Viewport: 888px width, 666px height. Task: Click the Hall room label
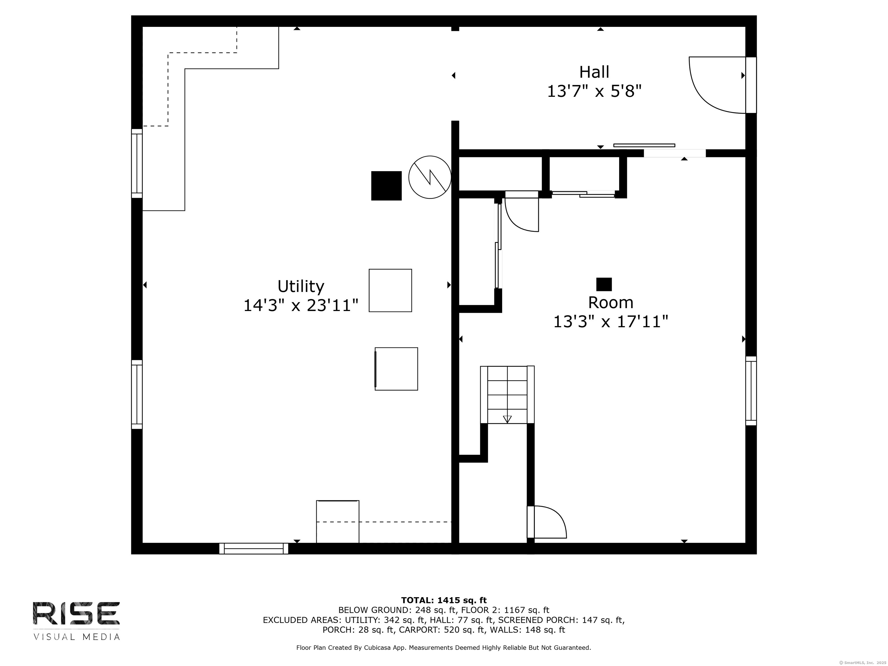pyautogui.click(x=594, y=72)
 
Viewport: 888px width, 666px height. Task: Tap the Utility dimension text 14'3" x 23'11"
pyautogui.click(x=301, y=306)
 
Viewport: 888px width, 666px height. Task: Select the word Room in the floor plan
pyautogui.click(x=610, y=302)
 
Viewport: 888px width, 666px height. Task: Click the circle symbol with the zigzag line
pyautogui.click(x=430, y=177)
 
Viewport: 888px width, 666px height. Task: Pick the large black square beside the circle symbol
pyautogui.click(x=386, y=186)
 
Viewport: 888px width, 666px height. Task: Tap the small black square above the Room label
pyautogui.click(x=604, y=284)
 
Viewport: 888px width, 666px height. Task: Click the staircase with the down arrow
pyautogui.click(x=507, y=395)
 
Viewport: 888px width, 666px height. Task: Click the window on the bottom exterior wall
pyautogui.click(x=254, y=548)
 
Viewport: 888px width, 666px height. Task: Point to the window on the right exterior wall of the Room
pyautogui.click(x=751, y=391)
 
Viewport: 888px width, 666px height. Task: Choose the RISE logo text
pyautogui.click(x=76, y=613)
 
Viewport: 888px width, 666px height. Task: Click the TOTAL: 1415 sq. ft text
pyautogui.click(x=444, y=600)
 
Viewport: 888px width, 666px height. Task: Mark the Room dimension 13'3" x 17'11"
pyautogui.click(x=610, y=321)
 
